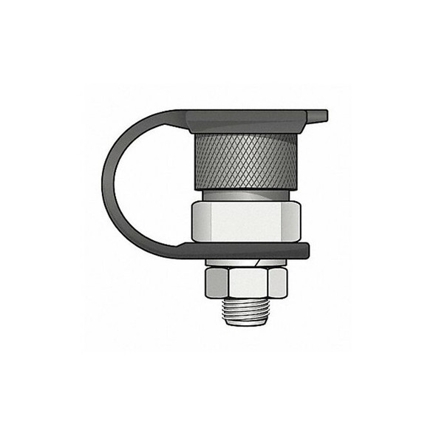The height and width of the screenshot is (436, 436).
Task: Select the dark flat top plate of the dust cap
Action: [x=248, y=118]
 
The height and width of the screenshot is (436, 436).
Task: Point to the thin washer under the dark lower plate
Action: [x=244, y=262]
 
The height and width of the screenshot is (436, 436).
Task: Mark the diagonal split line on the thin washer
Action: [x=256, y=262]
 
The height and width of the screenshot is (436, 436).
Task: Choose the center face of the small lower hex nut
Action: [x=245, y=282]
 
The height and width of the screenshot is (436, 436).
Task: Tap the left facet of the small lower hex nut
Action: [x=214, y=282]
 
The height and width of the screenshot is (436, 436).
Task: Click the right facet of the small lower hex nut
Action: [x=277, y=282]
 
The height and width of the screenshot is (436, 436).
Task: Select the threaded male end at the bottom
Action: [x=245, y=310]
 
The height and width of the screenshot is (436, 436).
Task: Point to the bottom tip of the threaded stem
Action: [x=245, y=324]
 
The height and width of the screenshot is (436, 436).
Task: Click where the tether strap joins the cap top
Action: [x=181, y=116]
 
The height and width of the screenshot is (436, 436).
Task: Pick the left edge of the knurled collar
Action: [x=196, y=160]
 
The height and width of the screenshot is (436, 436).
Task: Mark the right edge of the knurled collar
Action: [x=296, y=160]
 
